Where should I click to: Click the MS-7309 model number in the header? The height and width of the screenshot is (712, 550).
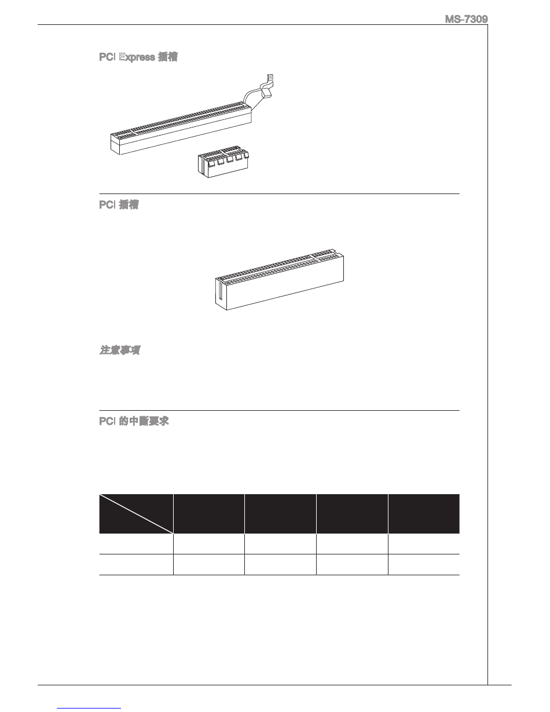pos(466,20)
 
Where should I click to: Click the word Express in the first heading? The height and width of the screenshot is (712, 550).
pos(140,57)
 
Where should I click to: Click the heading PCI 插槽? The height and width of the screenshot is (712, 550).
pos(119,205)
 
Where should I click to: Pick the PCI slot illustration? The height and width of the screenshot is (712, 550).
pos(281,281)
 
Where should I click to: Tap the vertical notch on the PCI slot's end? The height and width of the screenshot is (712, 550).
pos(220,290)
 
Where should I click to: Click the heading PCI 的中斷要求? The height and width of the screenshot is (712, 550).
pos(134,422)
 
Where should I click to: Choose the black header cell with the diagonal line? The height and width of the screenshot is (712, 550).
pos(136,513)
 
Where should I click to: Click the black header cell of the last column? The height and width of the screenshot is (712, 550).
pos(424,513)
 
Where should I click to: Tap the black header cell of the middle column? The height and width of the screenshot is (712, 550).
pos(280,513)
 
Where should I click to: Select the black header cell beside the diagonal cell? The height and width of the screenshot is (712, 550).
pos(209,513)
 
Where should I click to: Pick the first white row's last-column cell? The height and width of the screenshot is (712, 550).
pos(424,544)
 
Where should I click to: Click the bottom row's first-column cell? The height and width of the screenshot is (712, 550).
pos(136,565)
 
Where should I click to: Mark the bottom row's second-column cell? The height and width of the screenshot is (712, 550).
pos(209,565)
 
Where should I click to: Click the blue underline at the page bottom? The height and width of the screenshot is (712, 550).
pos(90,707)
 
